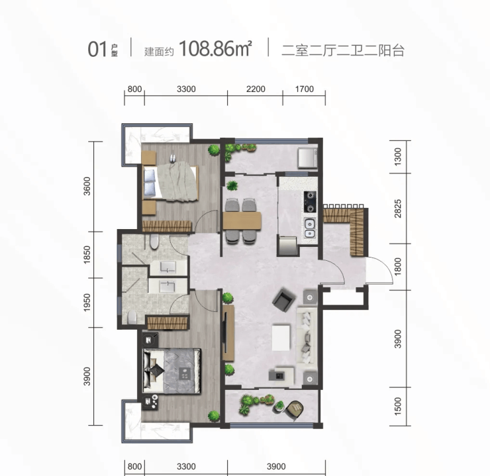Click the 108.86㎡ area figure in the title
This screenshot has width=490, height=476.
coord(215,49)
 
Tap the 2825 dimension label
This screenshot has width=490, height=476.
coord(397,209)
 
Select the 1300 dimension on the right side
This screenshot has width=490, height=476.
coord(397,157)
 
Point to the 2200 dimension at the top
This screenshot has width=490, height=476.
coord(256,89)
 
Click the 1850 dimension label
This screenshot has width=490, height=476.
coord(87,255)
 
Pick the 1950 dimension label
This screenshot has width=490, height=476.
coord(87,303)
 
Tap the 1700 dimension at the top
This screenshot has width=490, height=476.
coord(305,89)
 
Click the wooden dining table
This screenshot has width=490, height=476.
coord(242,221)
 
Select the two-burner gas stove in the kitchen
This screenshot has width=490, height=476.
coord(310,202)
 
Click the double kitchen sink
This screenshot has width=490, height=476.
coord(310,228)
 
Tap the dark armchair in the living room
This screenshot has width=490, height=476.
coord(284,299)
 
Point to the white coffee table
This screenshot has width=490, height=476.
coord(281,338)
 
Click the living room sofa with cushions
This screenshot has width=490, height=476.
coord(307,336)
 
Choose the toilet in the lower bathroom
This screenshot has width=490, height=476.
coord(132,317)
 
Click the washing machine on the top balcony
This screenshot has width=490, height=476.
coord(307,158)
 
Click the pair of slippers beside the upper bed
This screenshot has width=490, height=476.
coord(173,158)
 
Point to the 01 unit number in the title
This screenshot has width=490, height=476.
coord(97,50)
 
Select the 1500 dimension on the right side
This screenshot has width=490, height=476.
coord(397,406)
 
